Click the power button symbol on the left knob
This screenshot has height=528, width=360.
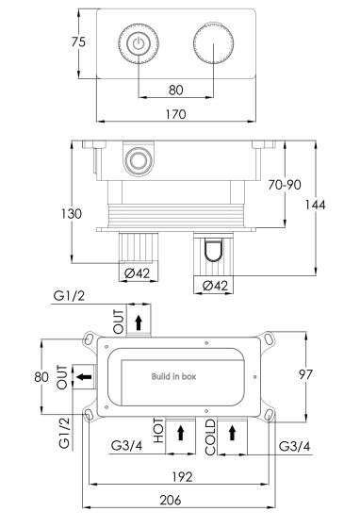[x=139, y=43]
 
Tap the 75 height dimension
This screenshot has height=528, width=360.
[x=78, y=42]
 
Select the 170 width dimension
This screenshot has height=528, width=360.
[x=175, y=114]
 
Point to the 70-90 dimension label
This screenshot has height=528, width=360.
[x=285, y=185]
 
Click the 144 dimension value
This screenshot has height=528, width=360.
[x=316, y=205]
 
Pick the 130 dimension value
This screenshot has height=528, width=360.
[x=72, y=214]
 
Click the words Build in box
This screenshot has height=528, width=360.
[x=173, y=376]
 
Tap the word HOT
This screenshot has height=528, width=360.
[x=158, y=430]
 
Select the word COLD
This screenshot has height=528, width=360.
[x=210, y=437]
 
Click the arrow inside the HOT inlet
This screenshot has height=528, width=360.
[x=181, y=433]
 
